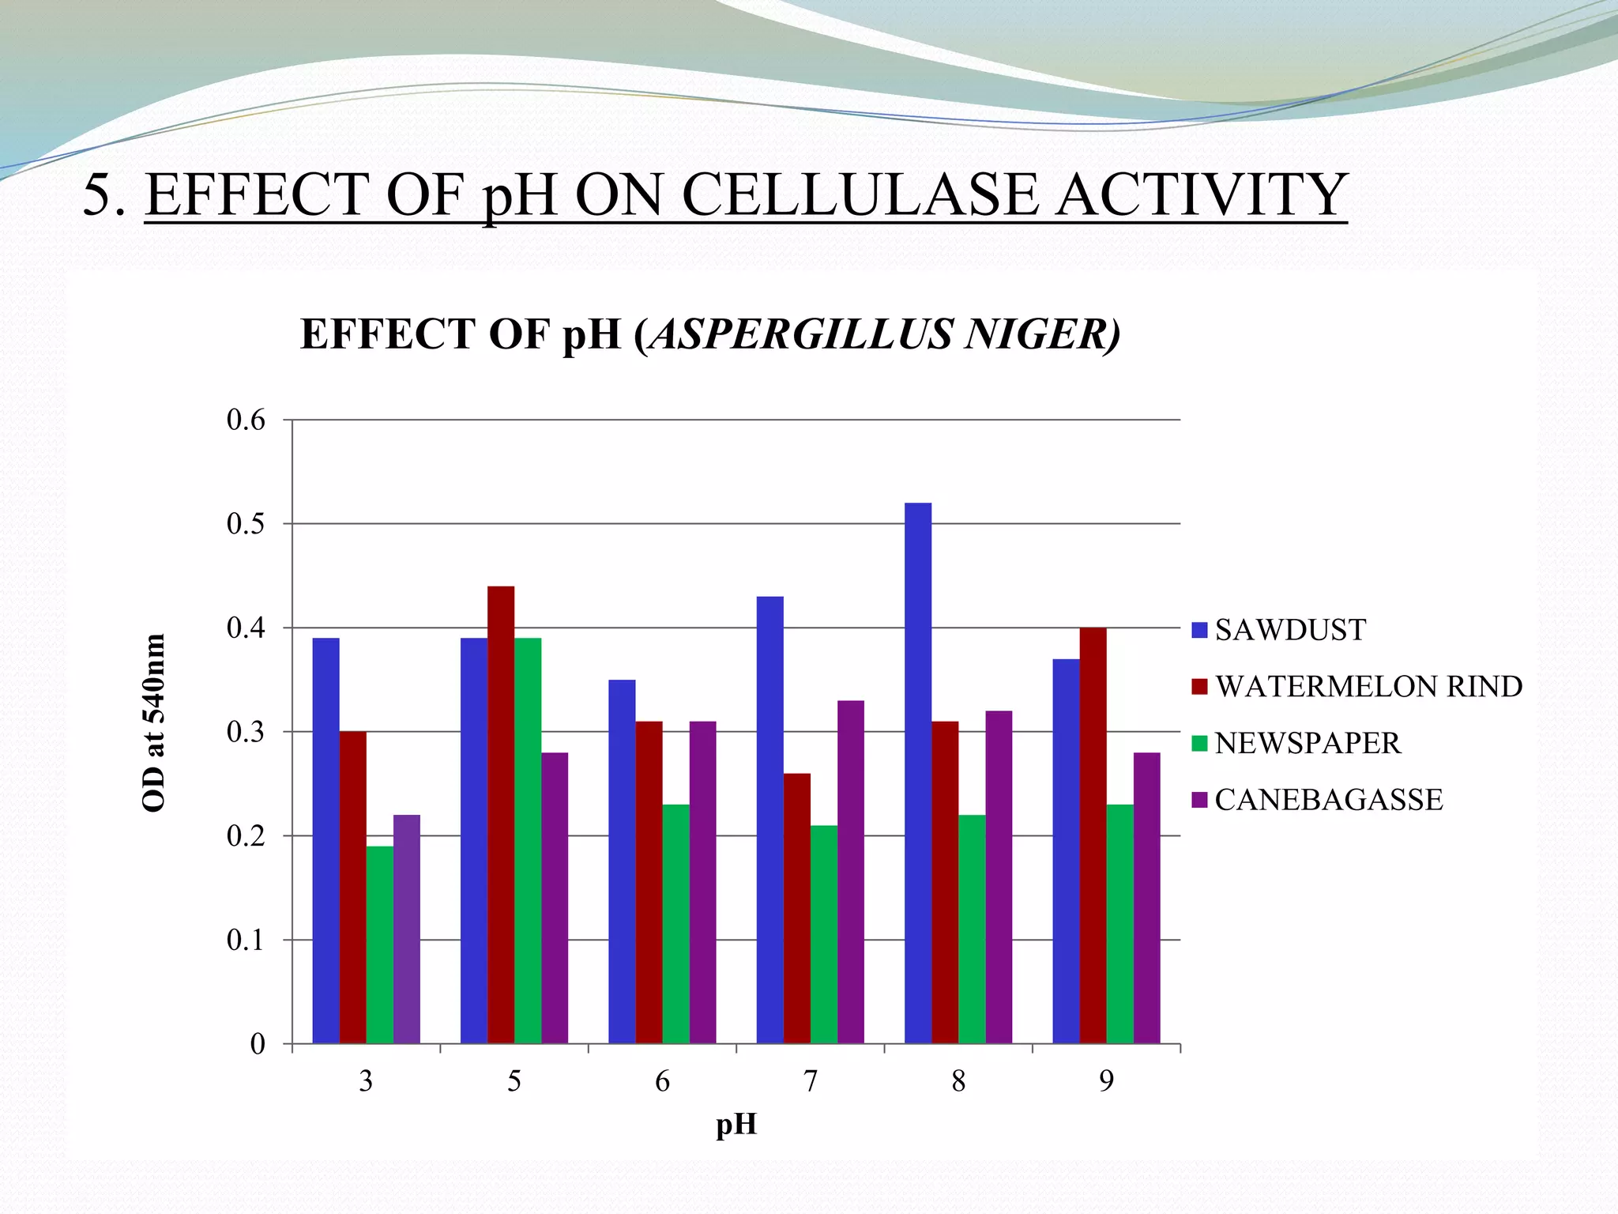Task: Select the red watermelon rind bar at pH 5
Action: (x=501, y=814)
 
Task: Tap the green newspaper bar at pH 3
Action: (x=379, y=944)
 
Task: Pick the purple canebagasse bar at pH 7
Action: (x=850, y=872)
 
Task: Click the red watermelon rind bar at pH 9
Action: (x=1093, y=835)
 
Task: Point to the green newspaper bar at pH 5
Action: (x=528, y=840)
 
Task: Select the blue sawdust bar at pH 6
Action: (x=622, y=861)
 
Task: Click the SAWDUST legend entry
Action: (x=1289, y=630)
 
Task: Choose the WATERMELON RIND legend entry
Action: (x=1368, y=687)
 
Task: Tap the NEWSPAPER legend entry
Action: (x=1307, y=744)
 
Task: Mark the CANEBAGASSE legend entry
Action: (x=1328, y=800)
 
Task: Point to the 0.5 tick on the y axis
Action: (x=246, y=524)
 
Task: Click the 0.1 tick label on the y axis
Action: (x=246, y=941)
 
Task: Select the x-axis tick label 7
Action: (x=810, y=1081)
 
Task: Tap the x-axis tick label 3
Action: (x=366, y=1081)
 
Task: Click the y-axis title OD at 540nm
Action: (x=153, y=722)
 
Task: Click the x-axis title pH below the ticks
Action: (x=736, y=1124)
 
